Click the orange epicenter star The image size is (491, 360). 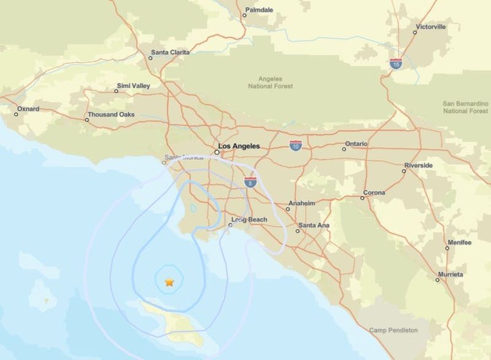169,282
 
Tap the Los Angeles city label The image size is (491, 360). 239,146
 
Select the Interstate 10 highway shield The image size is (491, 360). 296,146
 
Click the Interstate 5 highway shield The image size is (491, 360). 250,182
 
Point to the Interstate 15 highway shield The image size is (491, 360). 396,63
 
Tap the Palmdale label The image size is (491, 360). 258,10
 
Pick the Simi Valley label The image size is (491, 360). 133,86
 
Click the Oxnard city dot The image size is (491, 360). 17,114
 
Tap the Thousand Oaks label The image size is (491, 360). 110,114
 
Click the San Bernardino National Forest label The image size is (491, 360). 465,107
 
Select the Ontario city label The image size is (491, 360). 356,144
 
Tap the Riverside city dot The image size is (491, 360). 404,170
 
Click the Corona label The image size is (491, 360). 374,193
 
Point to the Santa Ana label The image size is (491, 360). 314,225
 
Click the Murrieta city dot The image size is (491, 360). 438,280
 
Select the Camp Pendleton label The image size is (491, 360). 393,331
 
